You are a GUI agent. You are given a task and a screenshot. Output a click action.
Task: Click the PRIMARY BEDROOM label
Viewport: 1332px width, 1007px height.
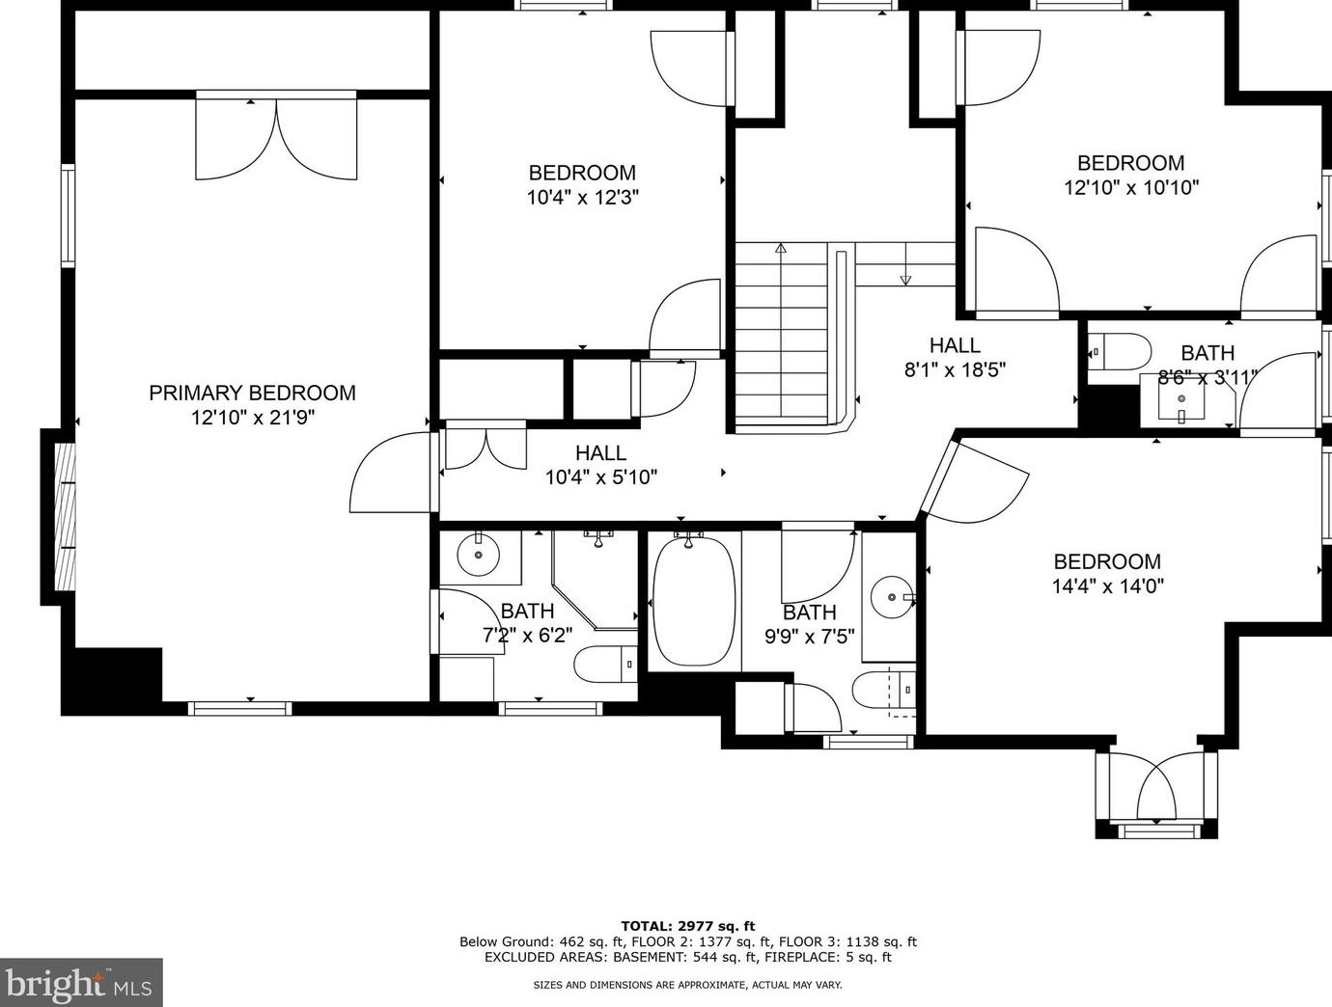point(253,393)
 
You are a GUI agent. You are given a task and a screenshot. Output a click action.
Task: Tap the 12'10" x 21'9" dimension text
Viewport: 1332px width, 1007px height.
point(253,418)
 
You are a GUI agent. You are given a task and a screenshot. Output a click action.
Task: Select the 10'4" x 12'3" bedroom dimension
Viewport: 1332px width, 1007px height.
point(583,198)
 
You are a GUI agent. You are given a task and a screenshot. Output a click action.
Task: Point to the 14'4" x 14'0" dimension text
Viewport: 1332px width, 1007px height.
point(1107,586)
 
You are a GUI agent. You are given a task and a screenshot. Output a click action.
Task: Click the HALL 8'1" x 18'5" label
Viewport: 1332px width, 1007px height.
point(956,357)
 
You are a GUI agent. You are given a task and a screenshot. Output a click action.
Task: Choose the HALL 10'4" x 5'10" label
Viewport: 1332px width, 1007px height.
point(600,465)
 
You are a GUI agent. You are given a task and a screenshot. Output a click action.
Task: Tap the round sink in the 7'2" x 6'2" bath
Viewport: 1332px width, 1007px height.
point(479,555)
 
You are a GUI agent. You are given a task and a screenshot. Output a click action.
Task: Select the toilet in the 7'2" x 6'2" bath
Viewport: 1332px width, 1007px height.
point(605,664)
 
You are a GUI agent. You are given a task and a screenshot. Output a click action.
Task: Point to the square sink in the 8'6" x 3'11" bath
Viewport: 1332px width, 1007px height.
point(1180,398)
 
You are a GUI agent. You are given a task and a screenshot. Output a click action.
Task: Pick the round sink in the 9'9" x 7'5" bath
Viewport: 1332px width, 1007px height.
point(892,597)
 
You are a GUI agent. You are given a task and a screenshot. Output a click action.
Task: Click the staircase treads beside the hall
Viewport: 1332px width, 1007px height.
point(782,337)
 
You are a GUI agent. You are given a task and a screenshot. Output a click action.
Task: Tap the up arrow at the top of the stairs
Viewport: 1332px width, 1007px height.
point(781,248)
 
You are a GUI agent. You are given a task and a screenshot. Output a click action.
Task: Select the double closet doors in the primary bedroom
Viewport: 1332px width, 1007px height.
point(276,138)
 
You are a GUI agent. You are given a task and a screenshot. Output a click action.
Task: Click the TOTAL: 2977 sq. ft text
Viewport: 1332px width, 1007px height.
point(688,926)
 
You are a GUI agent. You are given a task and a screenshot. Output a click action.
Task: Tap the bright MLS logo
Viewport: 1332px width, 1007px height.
point(81,982)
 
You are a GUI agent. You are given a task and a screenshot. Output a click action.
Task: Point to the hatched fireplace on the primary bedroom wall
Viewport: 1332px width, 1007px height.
point(65,516)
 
